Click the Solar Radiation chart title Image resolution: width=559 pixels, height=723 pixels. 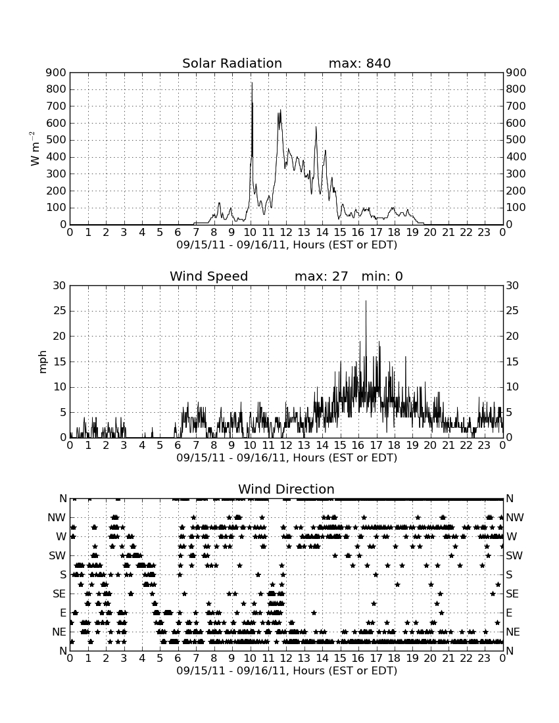(x=232, y=63)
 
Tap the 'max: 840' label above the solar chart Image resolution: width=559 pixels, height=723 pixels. (x=360, y=63)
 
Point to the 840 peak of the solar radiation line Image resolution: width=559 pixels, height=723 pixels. (x=252, y=83)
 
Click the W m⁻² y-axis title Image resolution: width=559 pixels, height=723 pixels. (x=35, y=149)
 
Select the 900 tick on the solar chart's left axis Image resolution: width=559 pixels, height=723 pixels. (x=57, y=72)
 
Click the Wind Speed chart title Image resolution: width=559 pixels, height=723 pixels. (x=209, y=276)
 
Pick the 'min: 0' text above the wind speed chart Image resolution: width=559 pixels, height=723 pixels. (x=382, y=276)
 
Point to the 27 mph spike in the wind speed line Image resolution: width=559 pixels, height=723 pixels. (x=366, y=301)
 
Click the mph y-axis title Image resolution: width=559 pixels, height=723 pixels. (x=43, y=361)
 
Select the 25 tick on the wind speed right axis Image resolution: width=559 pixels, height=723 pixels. (x=512, y=311)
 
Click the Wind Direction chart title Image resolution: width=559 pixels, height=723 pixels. (x=286, y=489)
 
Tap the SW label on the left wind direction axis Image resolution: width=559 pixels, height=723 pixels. (x=57, y=555)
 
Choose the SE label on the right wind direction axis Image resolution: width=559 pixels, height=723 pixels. (x=512, y=594)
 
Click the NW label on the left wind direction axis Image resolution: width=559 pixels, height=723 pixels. (x=57, y=517)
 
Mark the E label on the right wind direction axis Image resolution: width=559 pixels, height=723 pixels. (x=509, y=613)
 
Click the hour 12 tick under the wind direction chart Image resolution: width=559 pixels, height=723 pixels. (x=286, y=658)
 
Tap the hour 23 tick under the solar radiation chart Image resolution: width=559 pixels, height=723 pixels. (x=484, y=232)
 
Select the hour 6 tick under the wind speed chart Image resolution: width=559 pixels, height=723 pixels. (x=178, y=445)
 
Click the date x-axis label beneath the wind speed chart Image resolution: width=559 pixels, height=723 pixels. (x=287, y=458)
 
